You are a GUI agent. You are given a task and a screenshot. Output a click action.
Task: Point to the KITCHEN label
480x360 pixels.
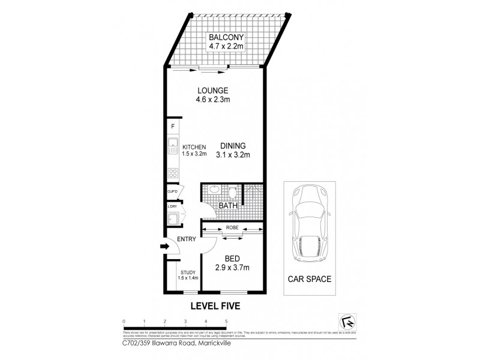tap(194, 147)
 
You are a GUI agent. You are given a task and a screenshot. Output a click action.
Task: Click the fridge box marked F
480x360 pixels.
tap(173, 127)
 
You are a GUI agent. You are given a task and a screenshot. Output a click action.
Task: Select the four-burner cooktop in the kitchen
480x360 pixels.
tap(172, 173)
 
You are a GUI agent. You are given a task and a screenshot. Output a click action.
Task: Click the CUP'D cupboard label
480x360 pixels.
tap(172, 191)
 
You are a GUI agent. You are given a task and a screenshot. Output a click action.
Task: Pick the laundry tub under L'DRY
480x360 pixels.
tap(172, 218)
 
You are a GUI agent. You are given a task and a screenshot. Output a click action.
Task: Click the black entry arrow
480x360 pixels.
tap(164, 245)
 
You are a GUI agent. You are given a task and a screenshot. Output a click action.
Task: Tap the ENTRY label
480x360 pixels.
tap(187, 239)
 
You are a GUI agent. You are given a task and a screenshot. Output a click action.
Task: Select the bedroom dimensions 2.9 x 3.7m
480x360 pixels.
tap(232, 268)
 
